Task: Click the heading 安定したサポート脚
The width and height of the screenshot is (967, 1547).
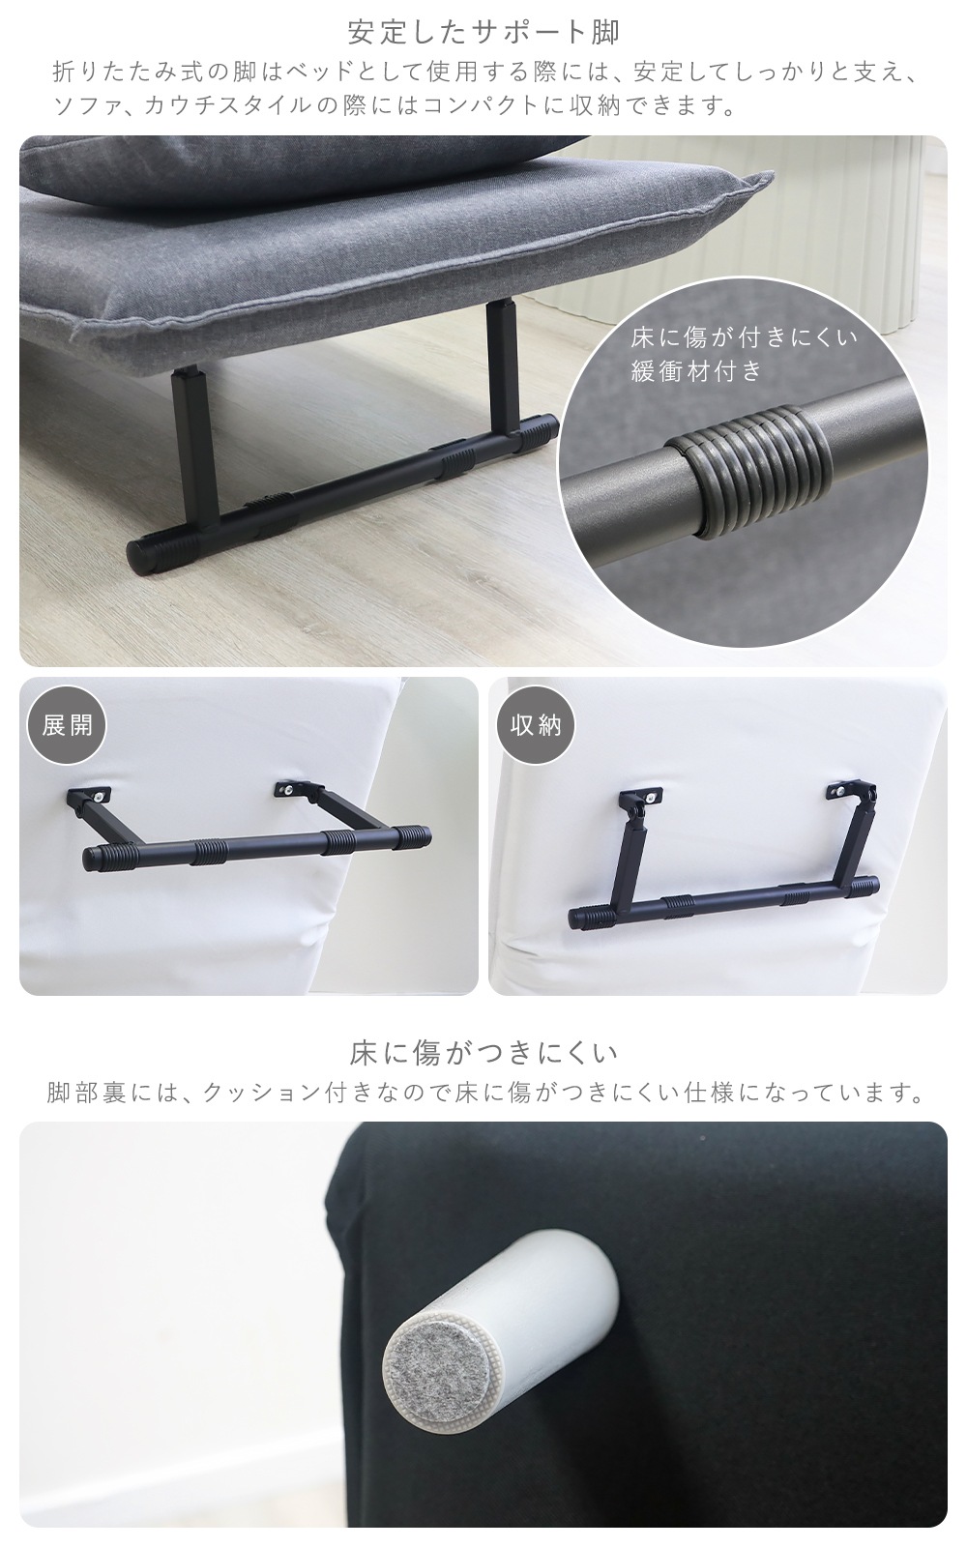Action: coord(483,32)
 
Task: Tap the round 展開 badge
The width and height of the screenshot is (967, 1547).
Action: coord(67,725)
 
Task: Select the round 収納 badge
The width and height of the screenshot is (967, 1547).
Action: coord(536,725)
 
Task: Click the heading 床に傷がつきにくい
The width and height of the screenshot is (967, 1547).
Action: coord(483,1053)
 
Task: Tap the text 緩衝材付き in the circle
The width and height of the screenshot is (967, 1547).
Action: coord(695,372)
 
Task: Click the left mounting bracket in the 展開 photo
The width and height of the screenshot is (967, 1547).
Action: coord(88,797)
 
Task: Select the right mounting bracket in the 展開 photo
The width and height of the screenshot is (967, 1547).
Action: coord(300,789)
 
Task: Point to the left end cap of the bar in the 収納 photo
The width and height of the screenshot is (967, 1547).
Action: coord(586,917)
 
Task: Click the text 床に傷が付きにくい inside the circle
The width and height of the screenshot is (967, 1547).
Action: coord(745,337)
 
